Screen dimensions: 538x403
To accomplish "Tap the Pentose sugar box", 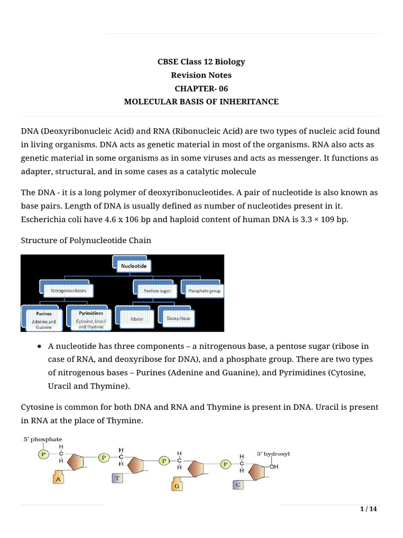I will (153, 289).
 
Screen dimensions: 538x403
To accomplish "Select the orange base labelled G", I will (177, 487).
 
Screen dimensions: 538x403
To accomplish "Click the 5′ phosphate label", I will (42, 439).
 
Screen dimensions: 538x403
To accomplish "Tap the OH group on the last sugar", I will (274, 466).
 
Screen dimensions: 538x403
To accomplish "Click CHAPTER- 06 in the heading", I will (201, 88).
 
